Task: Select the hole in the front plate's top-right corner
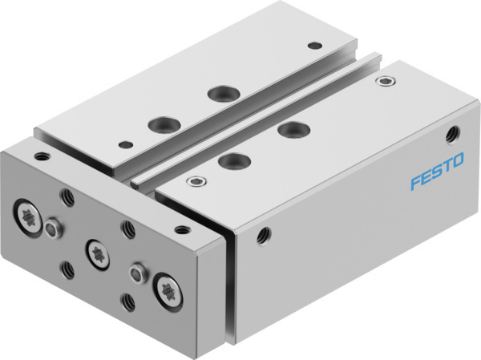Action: (184, 230)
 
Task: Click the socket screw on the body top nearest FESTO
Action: (390, 81)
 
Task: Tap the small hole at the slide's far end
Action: (315, 45)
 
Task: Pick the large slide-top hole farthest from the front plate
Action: (220, 93)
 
